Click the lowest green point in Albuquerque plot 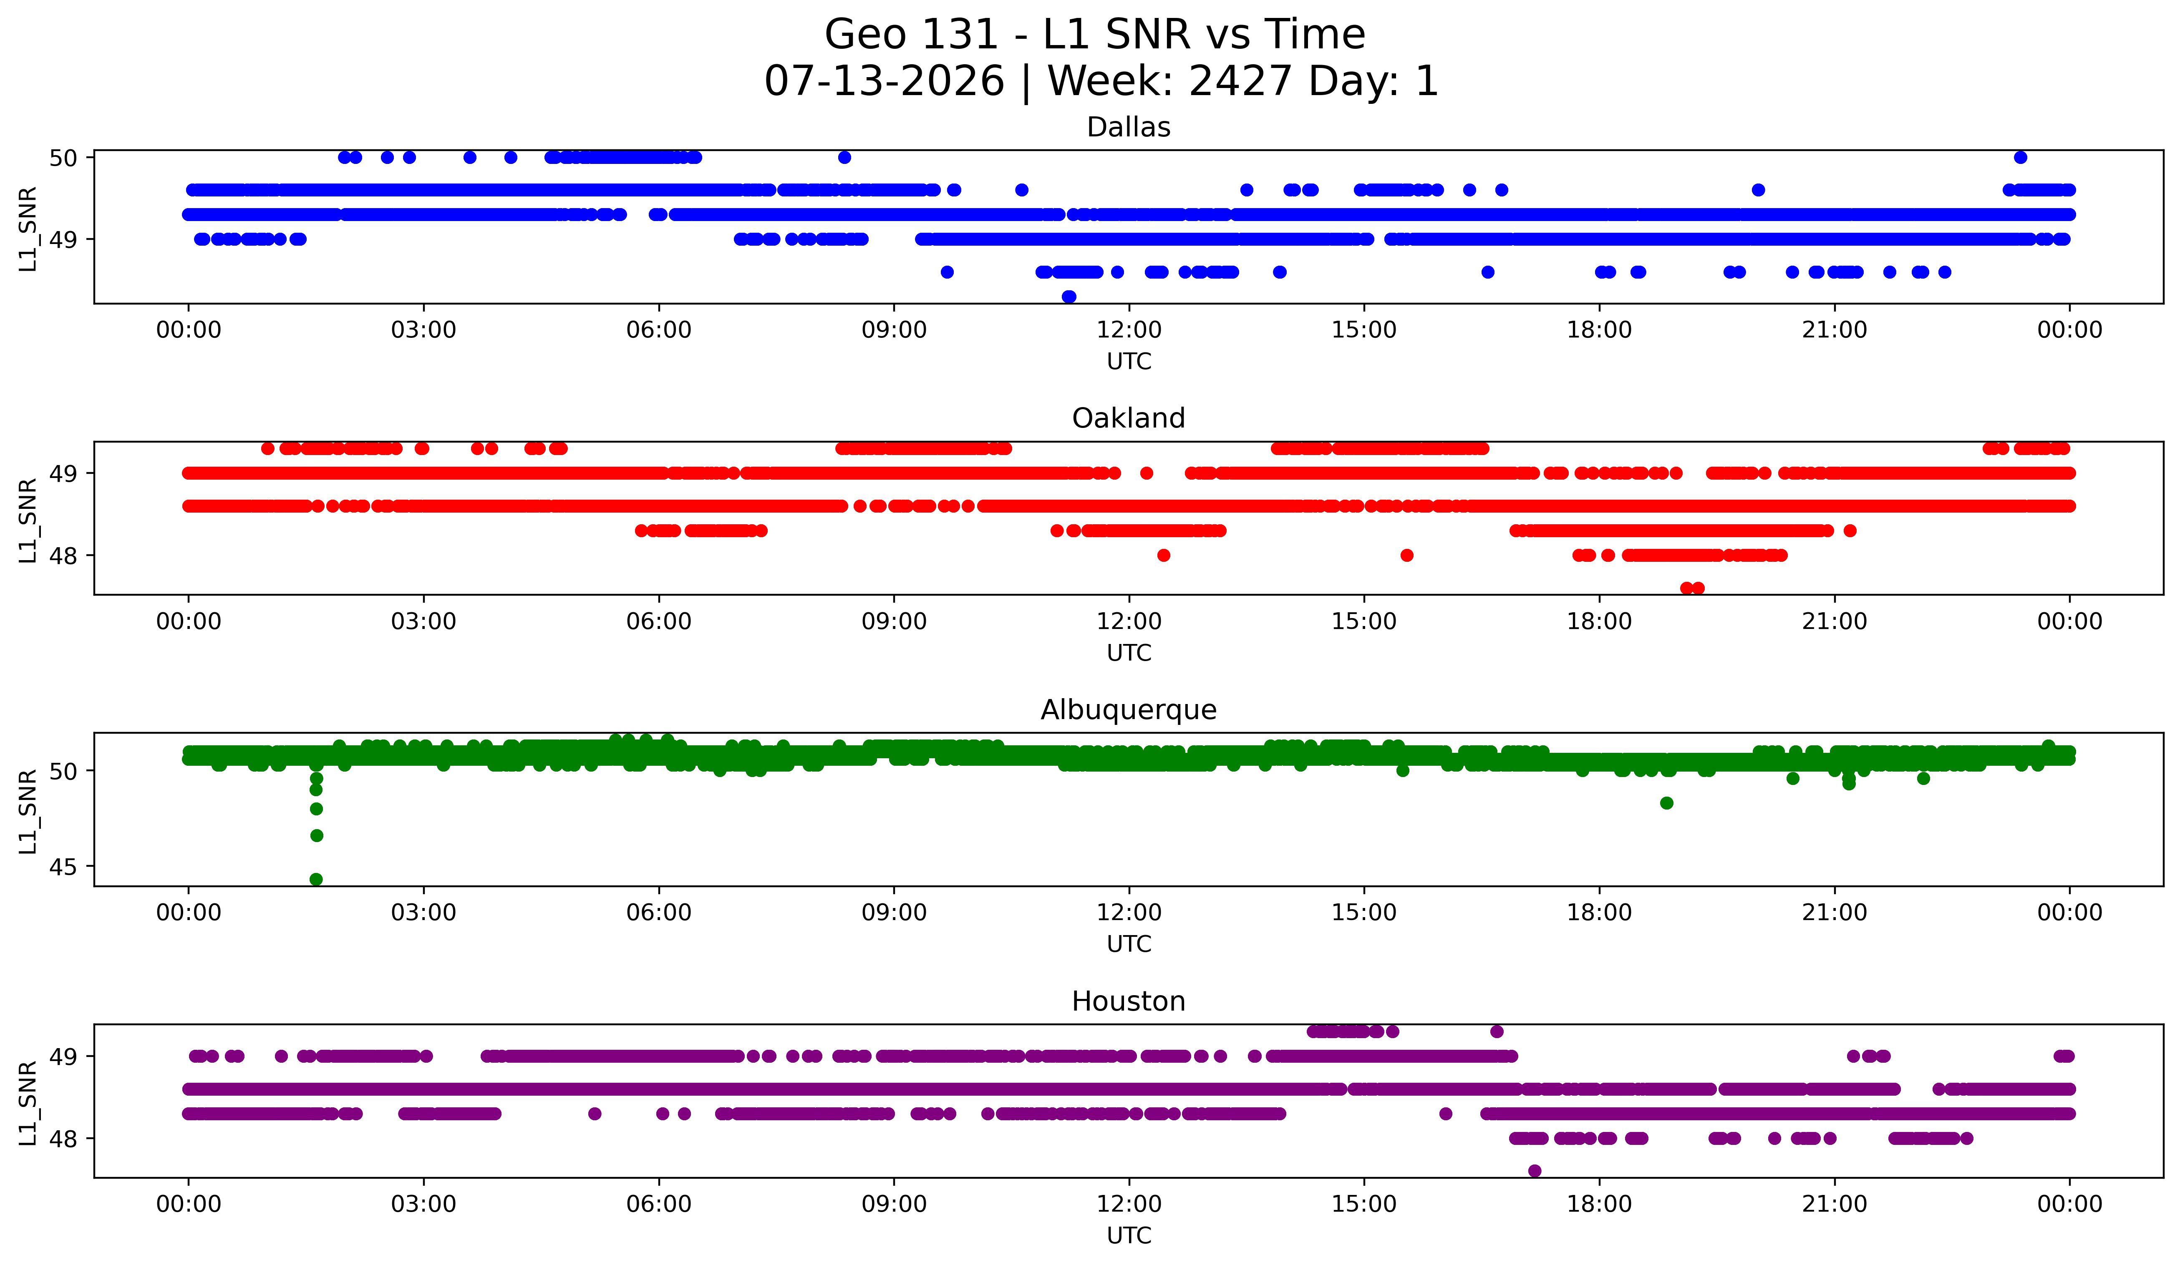317,879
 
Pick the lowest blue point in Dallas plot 1069,297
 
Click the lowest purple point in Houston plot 1535,1171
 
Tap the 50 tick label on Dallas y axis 63,157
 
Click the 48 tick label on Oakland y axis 63,555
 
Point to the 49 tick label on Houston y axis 63,1056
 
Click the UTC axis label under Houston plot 1129,1236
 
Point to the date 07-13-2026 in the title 884,81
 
